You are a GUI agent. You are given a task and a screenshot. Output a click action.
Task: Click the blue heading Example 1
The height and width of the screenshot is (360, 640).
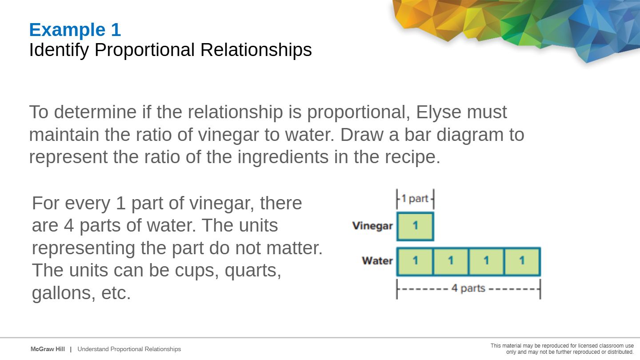(75, 30)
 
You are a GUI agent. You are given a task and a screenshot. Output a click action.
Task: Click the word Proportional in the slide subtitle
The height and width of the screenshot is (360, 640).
(144, 50)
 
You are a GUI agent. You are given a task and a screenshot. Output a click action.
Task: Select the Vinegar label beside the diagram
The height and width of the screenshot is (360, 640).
(372, 226)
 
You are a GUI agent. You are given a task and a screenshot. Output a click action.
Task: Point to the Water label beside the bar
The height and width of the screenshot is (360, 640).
(377, 260)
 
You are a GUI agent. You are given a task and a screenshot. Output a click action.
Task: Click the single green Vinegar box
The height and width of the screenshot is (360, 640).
(416, 226)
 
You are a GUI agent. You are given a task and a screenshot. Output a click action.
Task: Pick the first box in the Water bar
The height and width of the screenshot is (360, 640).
(415, 261)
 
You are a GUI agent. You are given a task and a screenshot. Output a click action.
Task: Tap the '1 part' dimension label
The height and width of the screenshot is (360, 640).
(415, 198)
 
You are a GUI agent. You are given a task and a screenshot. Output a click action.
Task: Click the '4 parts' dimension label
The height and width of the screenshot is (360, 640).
(468, 288)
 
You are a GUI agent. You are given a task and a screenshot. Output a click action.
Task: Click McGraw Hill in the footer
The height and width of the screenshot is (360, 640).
(48, 349)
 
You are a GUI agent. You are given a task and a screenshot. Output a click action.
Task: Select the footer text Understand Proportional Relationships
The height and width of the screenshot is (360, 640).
(129, 349)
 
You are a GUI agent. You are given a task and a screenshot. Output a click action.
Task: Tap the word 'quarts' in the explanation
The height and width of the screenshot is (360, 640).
(253, 271)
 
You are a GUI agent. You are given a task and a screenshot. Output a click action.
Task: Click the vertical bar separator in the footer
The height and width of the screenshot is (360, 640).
(71, 349)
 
